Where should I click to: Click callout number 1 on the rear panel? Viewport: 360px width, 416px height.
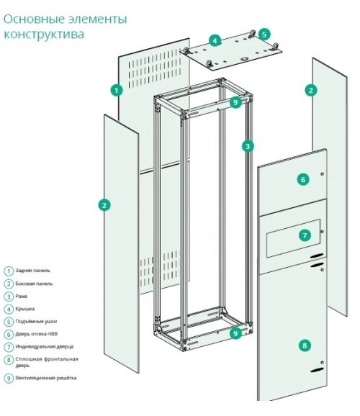[117, 91]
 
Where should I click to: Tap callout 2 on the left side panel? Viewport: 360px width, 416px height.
[104, 205]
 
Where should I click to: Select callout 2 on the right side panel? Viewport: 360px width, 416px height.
[311, 91]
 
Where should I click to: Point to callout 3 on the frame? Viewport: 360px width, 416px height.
[248, 146]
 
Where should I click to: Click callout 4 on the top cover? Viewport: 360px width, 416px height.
[215, 40]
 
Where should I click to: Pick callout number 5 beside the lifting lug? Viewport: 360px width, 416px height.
[264, 35]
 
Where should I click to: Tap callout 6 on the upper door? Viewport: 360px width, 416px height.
[303, 180]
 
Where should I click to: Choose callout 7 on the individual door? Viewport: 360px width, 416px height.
[305, 235]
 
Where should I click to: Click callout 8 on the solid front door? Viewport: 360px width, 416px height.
[305, 345]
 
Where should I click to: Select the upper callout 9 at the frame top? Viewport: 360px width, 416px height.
[235, 102]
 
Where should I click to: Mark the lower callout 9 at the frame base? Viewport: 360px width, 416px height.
[235, 333]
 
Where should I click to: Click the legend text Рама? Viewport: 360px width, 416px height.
[22, 296]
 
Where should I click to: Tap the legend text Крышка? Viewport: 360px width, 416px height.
[25, 309]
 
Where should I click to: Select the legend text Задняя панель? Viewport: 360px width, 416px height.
[32, 271]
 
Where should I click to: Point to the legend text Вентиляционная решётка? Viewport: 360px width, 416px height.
[46, 378]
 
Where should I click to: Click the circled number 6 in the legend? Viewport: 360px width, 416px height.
[9, 334]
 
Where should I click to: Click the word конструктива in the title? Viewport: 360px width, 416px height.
[44, 35]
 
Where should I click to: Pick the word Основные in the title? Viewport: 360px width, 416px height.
[35, 19]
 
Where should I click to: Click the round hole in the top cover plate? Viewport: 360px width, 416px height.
[243, 59]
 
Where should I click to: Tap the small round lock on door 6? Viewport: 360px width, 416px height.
[323, 174]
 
